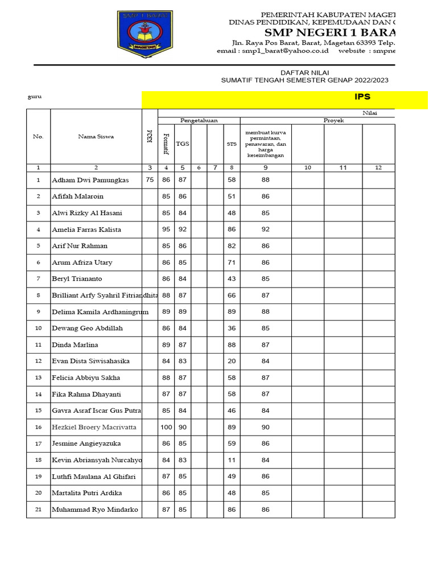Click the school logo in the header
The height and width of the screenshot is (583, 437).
143,34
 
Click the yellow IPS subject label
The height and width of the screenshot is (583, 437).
362,97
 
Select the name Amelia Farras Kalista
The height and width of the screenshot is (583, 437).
87,229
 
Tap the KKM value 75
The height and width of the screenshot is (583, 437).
150,180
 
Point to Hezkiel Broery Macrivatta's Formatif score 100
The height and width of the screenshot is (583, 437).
166,427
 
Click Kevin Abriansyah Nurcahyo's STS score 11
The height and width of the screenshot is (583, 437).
232,460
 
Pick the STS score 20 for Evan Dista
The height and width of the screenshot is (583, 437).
232,361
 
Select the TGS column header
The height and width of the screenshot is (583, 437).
182,144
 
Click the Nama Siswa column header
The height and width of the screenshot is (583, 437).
96,137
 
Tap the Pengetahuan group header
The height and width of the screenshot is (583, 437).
199,121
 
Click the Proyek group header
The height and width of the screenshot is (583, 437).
333,121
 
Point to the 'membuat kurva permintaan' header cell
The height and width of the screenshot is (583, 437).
265,144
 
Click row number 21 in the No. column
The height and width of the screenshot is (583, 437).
38,510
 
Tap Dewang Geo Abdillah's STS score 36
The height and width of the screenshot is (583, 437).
232,328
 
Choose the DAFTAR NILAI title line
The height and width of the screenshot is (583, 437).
304,73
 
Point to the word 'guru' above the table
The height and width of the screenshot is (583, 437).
35,97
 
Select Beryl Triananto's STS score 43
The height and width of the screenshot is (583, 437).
232,279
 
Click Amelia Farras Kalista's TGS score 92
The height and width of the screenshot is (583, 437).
182,229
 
